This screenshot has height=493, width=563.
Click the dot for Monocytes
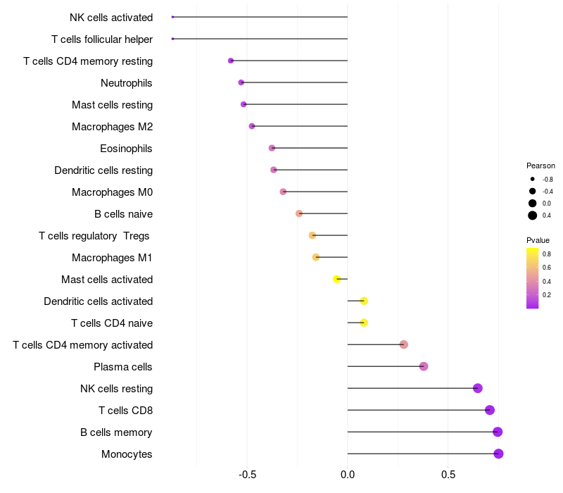[x=498, y=454]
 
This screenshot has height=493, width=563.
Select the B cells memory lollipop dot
[x=498, y=432]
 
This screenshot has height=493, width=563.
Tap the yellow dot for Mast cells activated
[x=337, y=279]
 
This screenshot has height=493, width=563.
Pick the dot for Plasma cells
[x=424, y=366]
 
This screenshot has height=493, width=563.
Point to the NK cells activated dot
[x=172, y=17]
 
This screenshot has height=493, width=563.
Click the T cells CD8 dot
[x=490, y=410]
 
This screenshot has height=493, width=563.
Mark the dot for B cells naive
[x=299, y=213]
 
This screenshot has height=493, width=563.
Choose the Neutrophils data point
[x=241, y=82]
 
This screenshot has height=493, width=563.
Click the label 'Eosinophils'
[x=126, y=149]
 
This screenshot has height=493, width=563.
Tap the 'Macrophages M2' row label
[x=112, y=127]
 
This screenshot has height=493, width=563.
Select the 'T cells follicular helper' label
[x=102, y=39]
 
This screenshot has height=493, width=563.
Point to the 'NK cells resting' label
[x=116, y=389]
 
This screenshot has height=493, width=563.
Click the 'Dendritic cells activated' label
[x=98, y=301]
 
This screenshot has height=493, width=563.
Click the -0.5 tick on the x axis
[x=247, y=475]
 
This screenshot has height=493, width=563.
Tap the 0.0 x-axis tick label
[x=348, y=475]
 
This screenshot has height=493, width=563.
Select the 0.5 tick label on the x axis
[x=448, y=475]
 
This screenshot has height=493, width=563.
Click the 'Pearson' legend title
[x=540, y=166]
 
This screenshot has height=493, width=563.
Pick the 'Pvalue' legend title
[x=538, y=240]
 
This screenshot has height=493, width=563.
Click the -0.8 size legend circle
[x=533, y=180]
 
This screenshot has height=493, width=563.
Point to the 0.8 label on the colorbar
[x=546, y=254]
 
